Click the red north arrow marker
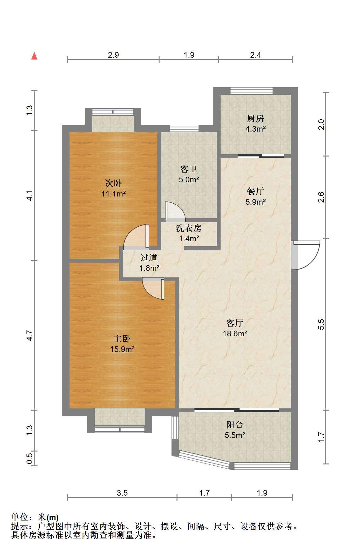coord(34,56)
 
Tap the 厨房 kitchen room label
coord(255,119)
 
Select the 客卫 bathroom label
coord(189,169)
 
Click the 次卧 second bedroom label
coord(113,183)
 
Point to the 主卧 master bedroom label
coord(122,339)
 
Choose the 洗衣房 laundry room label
coord(189,228)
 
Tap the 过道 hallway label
coord(149,258)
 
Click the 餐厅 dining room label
coord(255,191)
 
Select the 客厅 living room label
coord(235,323)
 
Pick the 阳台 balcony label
coord(235,425)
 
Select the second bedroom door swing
coord(136,236)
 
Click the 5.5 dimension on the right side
coord(321,324)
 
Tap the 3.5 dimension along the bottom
coord(122,493)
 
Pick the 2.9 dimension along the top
coord(113,55)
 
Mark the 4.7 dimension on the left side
coord(29,335)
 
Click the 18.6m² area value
coord(235,333)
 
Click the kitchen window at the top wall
coord(251,91)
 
